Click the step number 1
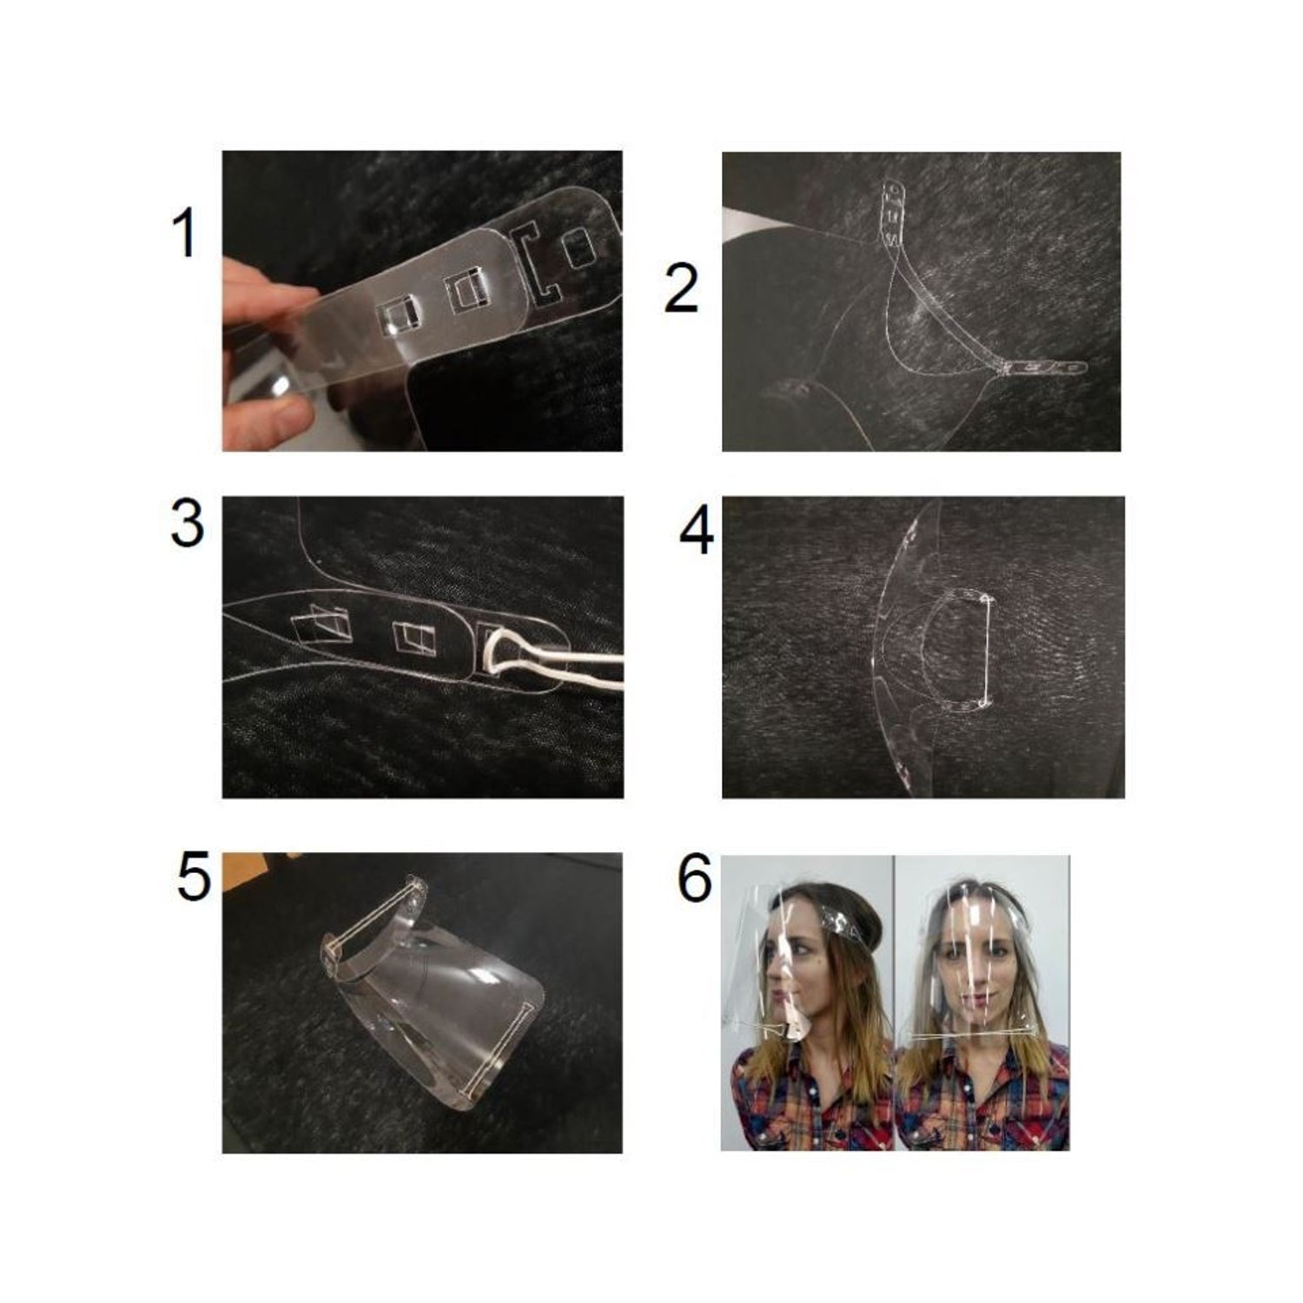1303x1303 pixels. coord(185,234)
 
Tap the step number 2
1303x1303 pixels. coord(681,289)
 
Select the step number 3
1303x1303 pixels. coord(188,524)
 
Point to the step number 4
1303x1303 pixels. coord(697,532)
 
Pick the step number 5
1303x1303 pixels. coord(193,877)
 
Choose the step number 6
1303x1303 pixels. coord(694,878)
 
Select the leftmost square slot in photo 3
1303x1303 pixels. coord(321,625)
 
